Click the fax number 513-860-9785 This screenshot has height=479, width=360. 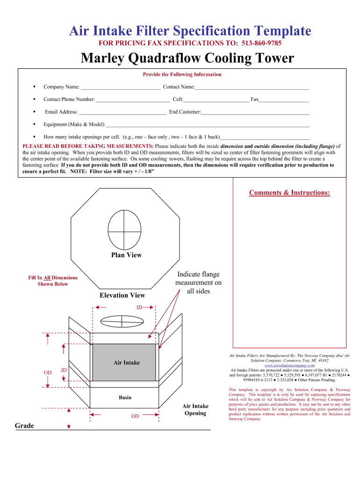(261, 44)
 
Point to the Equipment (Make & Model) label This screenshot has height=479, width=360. (74, 124)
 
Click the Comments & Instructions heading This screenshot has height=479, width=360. (289, 193)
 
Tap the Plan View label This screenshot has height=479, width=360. (126, 255)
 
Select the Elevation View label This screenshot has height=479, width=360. (122, 295)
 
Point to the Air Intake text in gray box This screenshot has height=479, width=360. (126, 363)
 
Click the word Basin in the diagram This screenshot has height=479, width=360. (125, 398)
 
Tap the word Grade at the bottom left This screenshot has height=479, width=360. (24, 426)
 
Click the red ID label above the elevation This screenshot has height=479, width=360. (139, 307)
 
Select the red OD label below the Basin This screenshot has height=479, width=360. (135, 416)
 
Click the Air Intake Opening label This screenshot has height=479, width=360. (195, 409)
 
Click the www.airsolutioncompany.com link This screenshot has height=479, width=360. (289, 365)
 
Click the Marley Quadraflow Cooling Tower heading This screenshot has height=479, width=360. (187, 58)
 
